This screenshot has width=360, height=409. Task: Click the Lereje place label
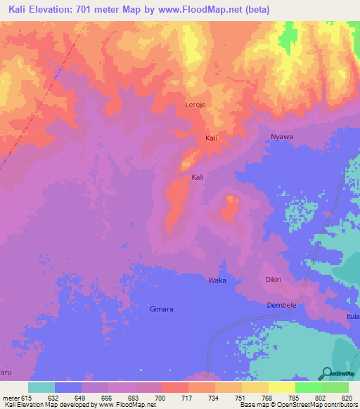(195, 105)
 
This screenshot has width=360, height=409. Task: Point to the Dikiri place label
(274, 280)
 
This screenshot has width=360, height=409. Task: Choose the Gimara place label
(162, 309)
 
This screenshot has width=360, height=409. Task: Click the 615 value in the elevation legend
(27, 397)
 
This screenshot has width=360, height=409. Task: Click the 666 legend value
(108, 397)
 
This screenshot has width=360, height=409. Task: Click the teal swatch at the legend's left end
(41, 387)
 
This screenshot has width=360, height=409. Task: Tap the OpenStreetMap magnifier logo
(326, 373)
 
